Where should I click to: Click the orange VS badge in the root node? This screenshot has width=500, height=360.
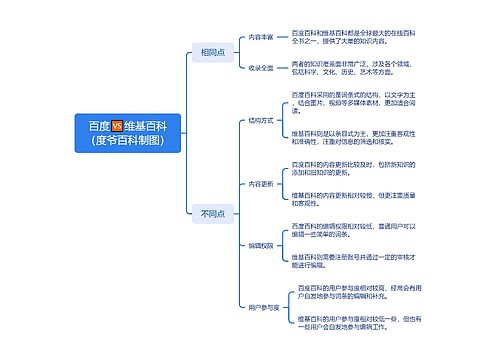[117, 126]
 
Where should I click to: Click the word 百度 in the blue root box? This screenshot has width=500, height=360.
[98, 126]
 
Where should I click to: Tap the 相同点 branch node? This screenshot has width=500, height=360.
[212, 51]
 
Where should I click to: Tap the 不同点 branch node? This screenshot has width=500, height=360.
[212, 213]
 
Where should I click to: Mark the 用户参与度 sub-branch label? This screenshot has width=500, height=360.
[263, 307]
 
